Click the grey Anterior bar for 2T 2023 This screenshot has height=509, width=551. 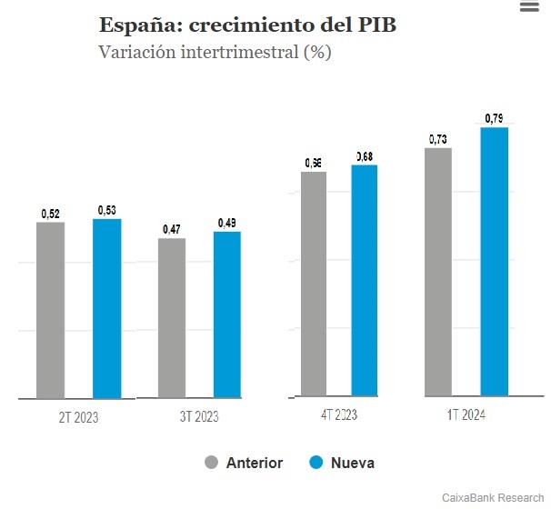click(x=51, y=310)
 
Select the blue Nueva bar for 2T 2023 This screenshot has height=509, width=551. click(x=106, y=308)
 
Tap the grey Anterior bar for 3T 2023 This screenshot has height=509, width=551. click(x=172, y=318)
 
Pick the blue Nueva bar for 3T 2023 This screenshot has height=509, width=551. click(x=227, y=314)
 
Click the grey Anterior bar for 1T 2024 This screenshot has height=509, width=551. click(x=438, y=272)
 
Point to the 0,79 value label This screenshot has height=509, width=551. click(x=495, y=118)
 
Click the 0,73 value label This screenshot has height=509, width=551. click(x=438, y=139)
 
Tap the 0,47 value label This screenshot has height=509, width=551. click(x=171, y=230)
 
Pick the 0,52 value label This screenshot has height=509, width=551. click(x=51, y=214)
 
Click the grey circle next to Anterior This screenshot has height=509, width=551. click(x=212, y=463)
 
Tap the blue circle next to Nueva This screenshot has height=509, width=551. click(x=316, y=463)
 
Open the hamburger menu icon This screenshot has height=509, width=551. click(x=529, y=6)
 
